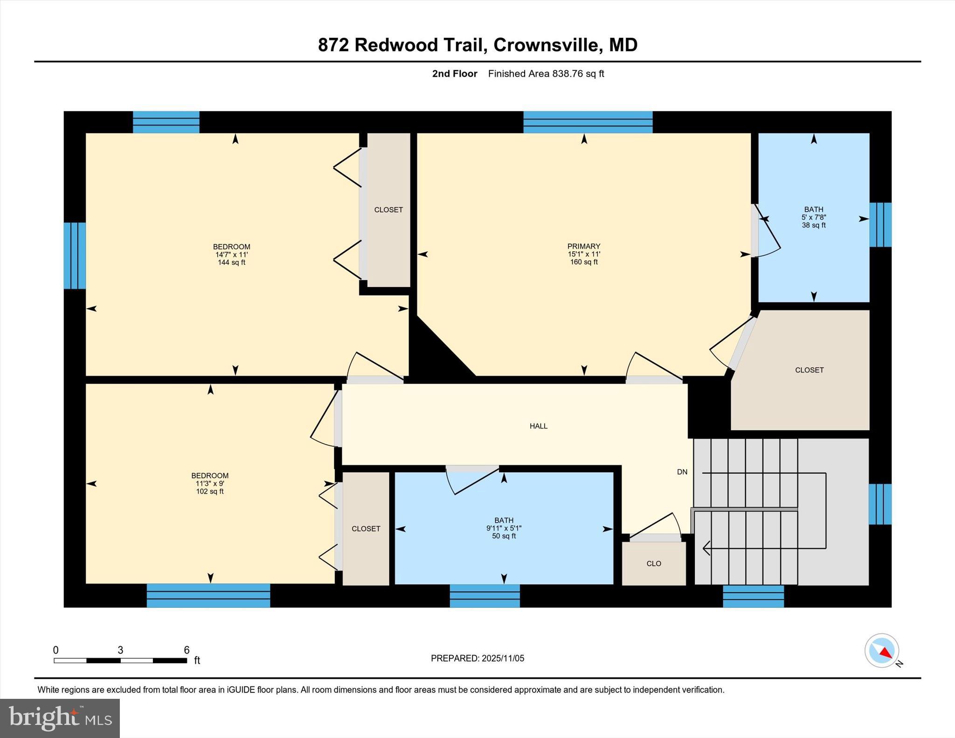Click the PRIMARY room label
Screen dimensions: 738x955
pyautogui.click(x=583, y=246)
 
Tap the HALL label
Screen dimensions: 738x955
pyautogui.click(x=538, y=426)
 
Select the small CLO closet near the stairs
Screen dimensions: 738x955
pyautogui.click(x=654, y=563)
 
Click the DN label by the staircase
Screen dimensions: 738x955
pyautogui.click(x=682, y=472)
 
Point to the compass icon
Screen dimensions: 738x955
pyautogui.click(x=881, y=650)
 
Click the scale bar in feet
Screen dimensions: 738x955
pyautogui.click(x=120, y=660)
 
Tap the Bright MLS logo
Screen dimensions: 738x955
pyautogui.click(x=60, y=718)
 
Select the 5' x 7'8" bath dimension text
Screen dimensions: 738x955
pyautogui.click(x=813, y=217)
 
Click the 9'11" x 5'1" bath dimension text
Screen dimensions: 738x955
pyautogui.click(x=504, y=528)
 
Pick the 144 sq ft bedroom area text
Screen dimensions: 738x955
pyautogui.click(x=231, y=262)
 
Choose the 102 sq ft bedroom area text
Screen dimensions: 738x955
pyautogui.click(x=210, y=491)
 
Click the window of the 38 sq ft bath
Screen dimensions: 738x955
pyautogui.click(x=880, y=224)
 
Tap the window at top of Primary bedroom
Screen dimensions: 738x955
pyautogui.click(x=588, y=122)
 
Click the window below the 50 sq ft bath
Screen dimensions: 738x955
pyautogui.click(x=484, y=595)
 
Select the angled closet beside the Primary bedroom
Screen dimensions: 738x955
pyautogui.click(x=809, y=370)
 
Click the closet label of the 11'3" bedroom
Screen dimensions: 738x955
pyautogui.click(x=366, y=529)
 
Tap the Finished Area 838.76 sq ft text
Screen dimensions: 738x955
pyautogui.click(x=546, y=74)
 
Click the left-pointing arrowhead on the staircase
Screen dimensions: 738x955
pyautogui.click(x=706, y=548)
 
